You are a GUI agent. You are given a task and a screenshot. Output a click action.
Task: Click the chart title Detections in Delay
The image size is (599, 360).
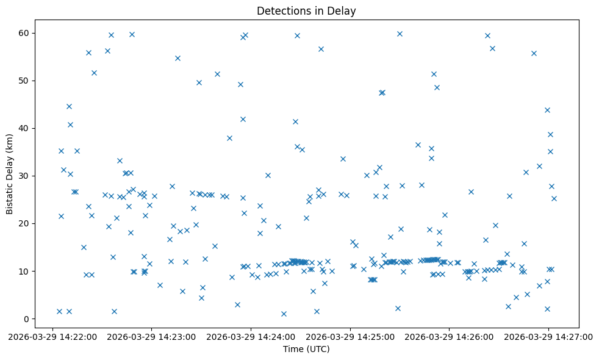pyautogui.click(x=306, y=11)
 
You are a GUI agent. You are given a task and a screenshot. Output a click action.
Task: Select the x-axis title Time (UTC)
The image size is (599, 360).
pyautogui.click(x=306, y=349)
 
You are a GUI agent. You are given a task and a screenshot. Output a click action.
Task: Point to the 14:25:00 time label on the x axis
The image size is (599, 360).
pyautogui.click(x=350, y=336)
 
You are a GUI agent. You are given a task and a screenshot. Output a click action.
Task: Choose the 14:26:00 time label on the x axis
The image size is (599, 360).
pyautogui.click(x=450, y=336)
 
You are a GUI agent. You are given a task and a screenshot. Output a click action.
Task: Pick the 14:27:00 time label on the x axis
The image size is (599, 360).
pyautogui.click(x=548, y=336)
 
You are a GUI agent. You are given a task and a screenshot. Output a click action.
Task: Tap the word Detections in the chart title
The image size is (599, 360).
pyautogui.click(x=283, y=11)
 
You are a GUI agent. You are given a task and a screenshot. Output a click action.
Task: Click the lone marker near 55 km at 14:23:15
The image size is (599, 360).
pyautogui.click(x=178, y=58)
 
